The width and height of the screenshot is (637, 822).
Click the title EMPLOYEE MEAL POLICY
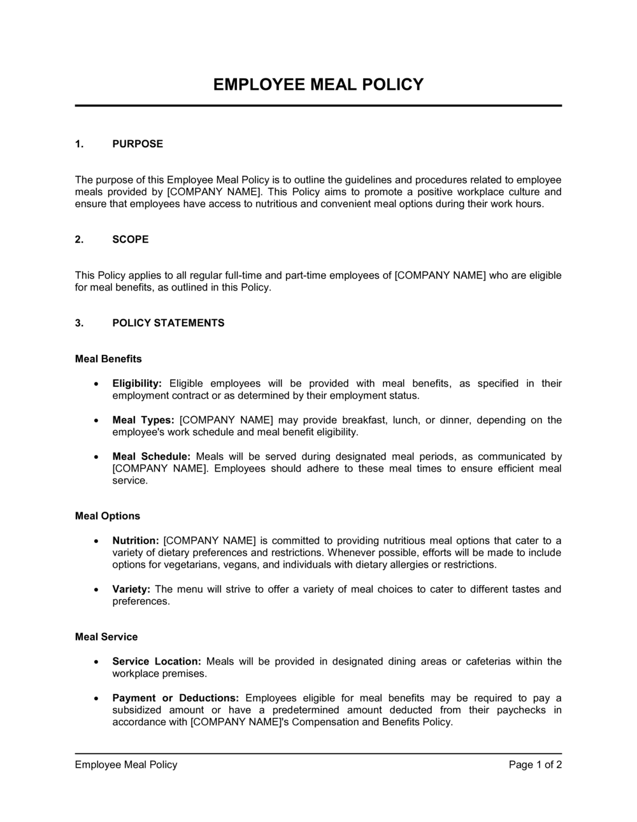(x=318, y=85)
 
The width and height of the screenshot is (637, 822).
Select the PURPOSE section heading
(x=138, y=144)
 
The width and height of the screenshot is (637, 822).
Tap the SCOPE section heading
(x=131, y=240)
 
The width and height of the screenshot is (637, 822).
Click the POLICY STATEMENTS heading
(x=168, y=323)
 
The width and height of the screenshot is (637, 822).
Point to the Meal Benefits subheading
(x=108, y=359)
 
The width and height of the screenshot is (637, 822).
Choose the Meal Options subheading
(x=108, y=516)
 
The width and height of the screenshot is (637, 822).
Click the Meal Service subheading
(x=106, y=637)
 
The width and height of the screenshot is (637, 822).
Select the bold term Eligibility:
(x=137, y=384)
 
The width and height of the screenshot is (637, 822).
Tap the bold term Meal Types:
(x=143, y=421)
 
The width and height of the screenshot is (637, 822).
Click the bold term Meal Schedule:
(x=152, y=457)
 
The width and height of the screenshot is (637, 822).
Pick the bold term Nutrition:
(x=136, y=541)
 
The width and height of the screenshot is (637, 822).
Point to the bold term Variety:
(x=131, y=589)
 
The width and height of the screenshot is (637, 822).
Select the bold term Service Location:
(x=157, y=661)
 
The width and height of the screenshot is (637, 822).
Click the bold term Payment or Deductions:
(x=175, y=698)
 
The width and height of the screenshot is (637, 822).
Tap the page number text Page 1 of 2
(x=535, y=765)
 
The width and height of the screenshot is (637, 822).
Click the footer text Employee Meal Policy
(x=126, y=765)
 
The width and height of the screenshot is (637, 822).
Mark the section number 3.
(x=79, y=323)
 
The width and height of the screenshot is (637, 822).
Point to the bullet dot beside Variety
(x=96, y=589)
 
